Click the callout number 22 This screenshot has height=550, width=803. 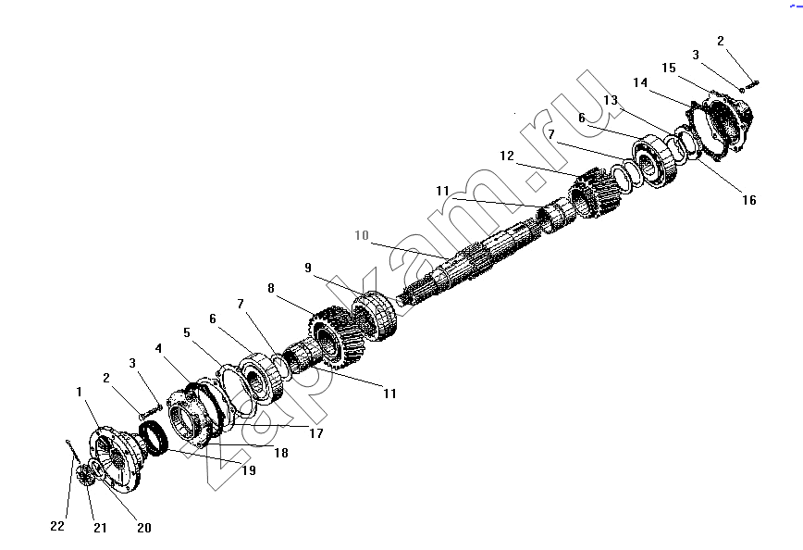pyautogui.click(x=57, y=526)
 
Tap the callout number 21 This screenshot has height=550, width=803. pyautogui.click(x=100, y=528)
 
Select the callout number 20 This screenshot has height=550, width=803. pyautogui.click(x=144, y=528)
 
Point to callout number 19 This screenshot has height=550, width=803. pyautogui.click(x=249, y=470)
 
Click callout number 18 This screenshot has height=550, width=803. pyautogui.click(x=281, y=453)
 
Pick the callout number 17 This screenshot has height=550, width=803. pyautogui.click(x=316, y=433)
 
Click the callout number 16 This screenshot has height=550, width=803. pyautogui.click(x=749, y=200)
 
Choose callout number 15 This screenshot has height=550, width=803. pyautogui.click(x=669, y=68)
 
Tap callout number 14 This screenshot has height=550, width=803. pyautogui.click(x=640, y=82)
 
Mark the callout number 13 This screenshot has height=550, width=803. pyautogui.click(x=611, y=100)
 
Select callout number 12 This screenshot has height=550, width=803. pyautogui.click(x=507, y=156)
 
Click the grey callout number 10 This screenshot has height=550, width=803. pyautogui.click(x=362, y=235)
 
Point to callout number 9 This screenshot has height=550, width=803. pyautogui.click(x=308, y=268)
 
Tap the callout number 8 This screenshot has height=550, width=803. pyautogui.click(x=271, y=288)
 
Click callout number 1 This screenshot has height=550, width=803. pyautogui.click(x=79, y=392)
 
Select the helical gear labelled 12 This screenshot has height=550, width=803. pyautogui.click(x=595, y=194)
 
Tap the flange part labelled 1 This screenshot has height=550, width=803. pyautogui.click(x=116, y=457)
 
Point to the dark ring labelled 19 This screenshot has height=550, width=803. pyautogui.click(x=154, y=437)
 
